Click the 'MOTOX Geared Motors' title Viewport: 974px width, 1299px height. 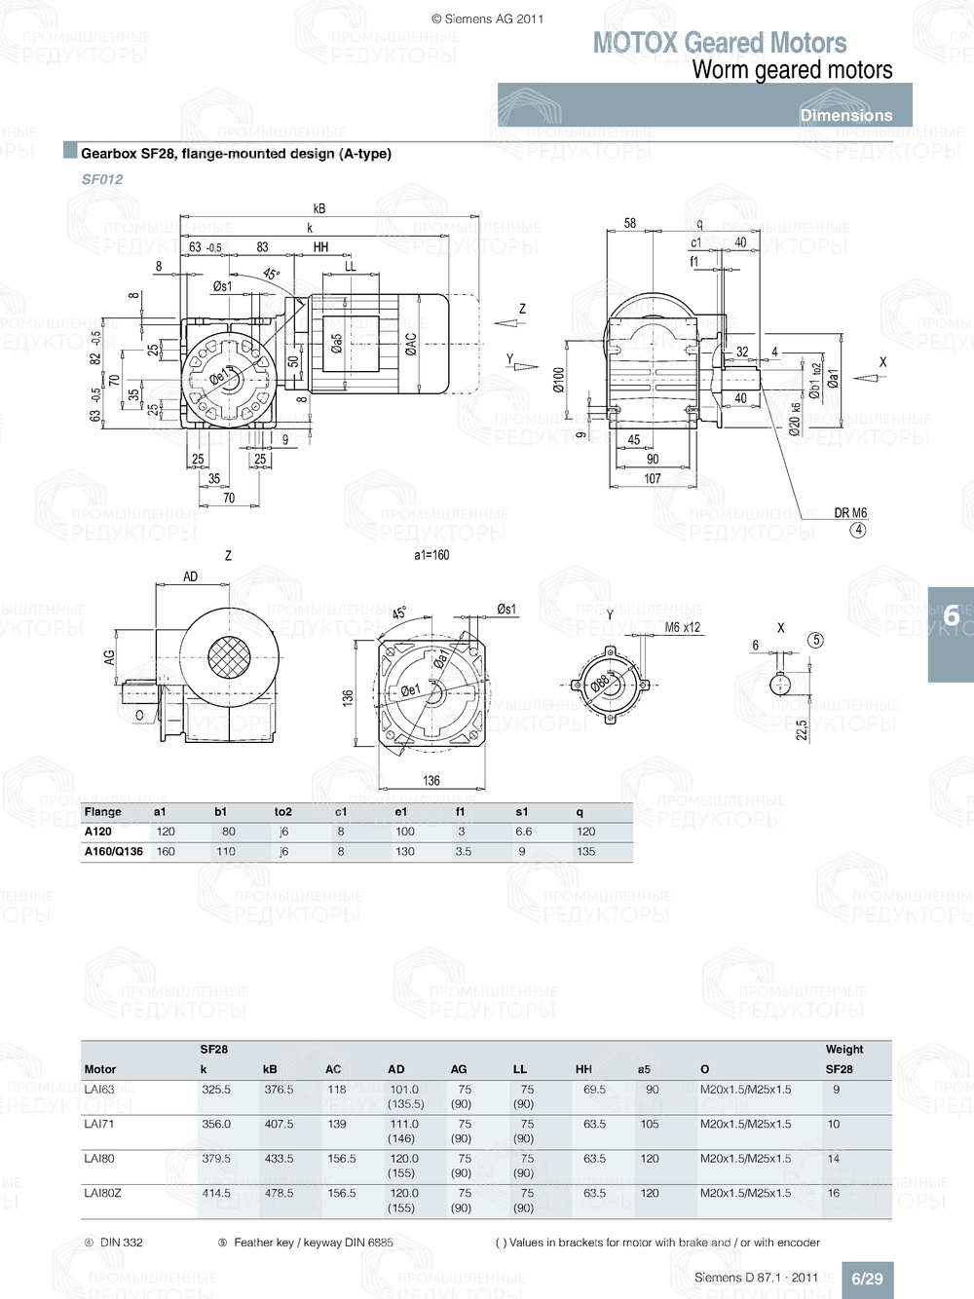(x=719, y=43)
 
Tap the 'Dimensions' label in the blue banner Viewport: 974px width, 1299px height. (x=845, y=115)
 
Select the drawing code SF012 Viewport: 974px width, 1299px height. (x=102, y=179)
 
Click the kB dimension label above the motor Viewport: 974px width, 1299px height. (x=319, y=208)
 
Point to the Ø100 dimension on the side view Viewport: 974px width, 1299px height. (x=559, y=380)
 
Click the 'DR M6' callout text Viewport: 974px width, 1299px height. (x=850, y=513)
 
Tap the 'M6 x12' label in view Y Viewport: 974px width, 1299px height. (x=682, y=628)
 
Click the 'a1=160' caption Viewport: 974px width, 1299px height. (x=431, y=555)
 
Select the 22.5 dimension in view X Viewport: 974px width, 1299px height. (x=802, y=730)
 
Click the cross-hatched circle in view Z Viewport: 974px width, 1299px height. (x=227, y=659)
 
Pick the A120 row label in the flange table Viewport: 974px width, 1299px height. (x=98, y=832)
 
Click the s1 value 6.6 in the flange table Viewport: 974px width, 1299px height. (x=524, y=832)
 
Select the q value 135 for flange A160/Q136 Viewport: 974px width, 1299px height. (x=586, y=851)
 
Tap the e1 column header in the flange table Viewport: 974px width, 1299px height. (x=401, y=811)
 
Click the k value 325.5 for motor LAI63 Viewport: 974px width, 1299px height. (x=216, y=1090)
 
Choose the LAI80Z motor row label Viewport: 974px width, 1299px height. (x=102, y=1193)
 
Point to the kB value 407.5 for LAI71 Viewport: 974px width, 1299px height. (x=279, y=1124)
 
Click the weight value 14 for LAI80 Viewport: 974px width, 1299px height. (x=834, y=1159)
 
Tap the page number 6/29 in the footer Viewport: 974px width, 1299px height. (x=867, y=1279)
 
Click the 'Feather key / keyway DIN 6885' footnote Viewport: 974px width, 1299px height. (x=313, y=1243)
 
